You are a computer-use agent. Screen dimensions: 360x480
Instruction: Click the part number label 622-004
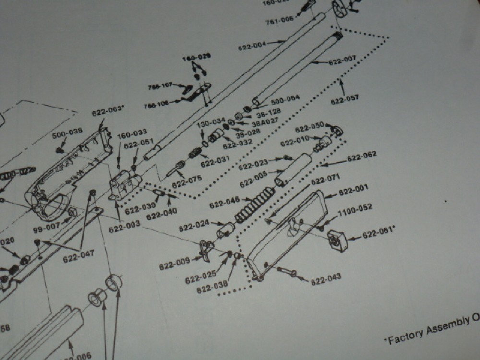pyautogui.click(x=252, y=47)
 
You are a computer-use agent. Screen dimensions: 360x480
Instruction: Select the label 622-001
pyautogui.click(x=353, y=192)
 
